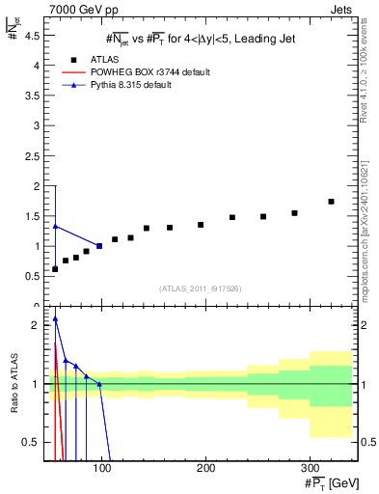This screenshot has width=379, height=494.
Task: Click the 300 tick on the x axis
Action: tap(309, 467)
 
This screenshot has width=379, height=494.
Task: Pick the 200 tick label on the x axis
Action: tap(205, 467)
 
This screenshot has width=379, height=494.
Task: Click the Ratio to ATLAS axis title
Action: tap(14, 383)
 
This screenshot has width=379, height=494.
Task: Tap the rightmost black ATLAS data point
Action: tap(331, 202)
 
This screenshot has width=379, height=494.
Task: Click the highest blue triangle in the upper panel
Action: tap(55, 226)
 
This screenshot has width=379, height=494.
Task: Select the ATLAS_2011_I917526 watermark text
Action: tap(201, 288)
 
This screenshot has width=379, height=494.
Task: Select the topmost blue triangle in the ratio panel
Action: tap(55, 318)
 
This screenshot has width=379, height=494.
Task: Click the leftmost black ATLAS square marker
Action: tap(55, 268)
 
